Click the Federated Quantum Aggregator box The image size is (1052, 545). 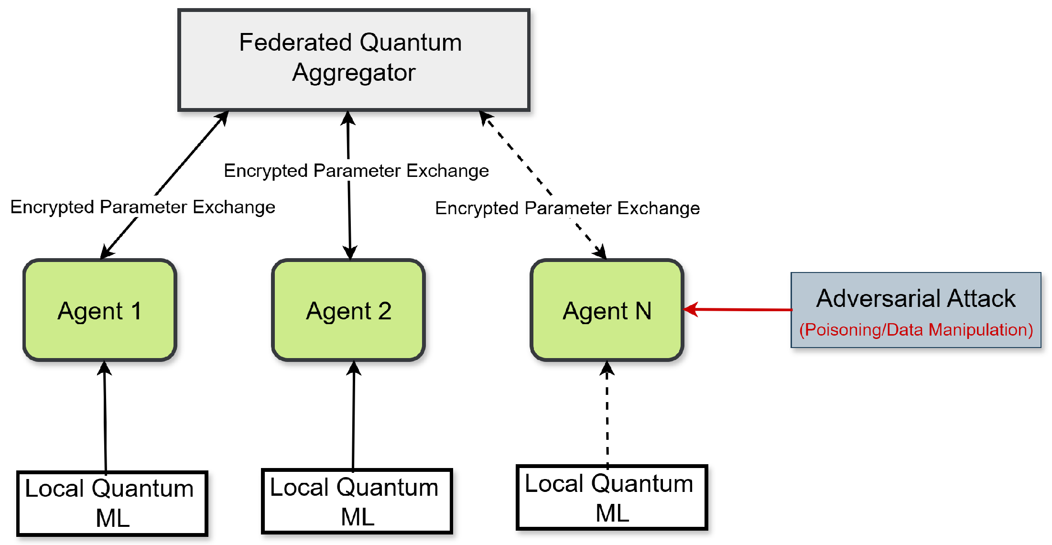pyautogui.click(x=354, y=60)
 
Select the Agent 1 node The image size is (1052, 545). pyautogui.click(x=100, y=310)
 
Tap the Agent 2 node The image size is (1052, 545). pyautogui.click(x=348, y=310)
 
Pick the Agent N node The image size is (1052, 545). pyautogui.click(x=607, y=310)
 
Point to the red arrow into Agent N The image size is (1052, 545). pyautogui.click(x=738, y=310)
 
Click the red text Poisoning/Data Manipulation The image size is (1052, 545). pyautogui.click(x=916, y=330)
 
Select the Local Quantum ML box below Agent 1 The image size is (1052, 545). pyautogui.click(x=112, y=503)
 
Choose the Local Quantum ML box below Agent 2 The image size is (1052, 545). pyautogui.click(x=357, y=501)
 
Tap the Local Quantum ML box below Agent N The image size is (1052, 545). pyautogui.click(x=612, y=498)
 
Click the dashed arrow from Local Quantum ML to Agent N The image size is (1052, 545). pyautogui.click(x=607, y=416)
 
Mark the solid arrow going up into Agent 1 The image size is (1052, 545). pyautogui.click(x=105, y=416)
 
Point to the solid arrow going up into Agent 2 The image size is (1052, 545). pyautogui.click(x=354, y=416)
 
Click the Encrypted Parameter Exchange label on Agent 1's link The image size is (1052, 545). pyautogui.click(x=142, y=207)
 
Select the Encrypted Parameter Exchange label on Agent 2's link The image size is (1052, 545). pyautogui.click(x=356, y=171)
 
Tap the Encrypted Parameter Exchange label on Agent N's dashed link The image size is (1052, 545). pyautogui.click(x=567, y=208)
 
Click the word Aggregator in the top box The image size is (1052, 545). pyautogui.click(x=354, y=73)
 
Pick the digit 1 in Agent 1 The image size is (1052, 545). pyautogui.click(x=136, y=311)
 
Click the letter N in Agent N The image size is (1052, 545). pyautogui.click(x=643, y=311)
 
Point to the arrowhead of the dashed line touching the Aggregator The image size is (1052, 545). pyautogui.click(x=485, y=117)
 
